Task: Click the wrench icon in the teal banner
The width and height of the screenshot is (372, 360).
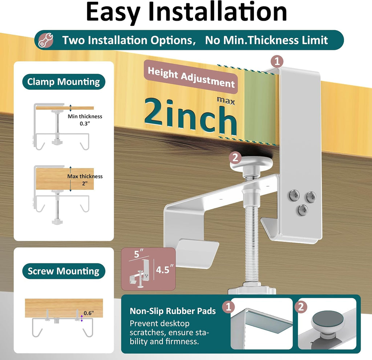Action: tap(46, 40)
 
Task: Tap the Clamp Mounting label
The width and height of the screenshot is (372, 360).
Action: tap(64, 82)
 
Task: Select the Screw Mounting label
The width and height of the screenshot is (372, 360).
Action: tap(64, 271)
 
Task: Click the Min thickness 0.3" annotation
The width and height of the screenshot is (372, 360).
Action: tap(85, 120)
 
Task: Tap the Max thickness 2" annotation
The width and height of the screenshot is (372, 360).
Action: tap(85, 180)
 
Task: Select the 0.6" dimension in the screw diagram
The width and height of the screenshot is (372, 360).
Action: tap(89, 313)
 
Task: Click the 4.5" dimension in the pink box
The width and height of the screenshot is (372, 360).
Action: tap(165, 269)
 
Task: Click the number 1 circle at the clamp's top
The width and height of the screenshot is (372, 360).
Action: tap(277, 61)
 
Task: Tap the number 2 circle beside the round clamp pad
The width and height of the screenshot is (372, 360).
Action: tap(235, 158)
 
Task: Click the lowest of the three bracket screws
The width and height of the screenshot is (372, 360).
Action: tap(303, 210)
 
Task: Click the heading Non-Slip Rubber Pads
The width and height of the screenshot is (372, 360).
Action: tap(173, 311)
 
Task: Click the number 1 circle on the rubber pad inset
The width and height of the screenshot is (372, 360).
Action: tap(229, 307)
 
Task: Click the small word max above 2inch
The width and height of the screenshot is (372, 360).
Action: tap(226, 101)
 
